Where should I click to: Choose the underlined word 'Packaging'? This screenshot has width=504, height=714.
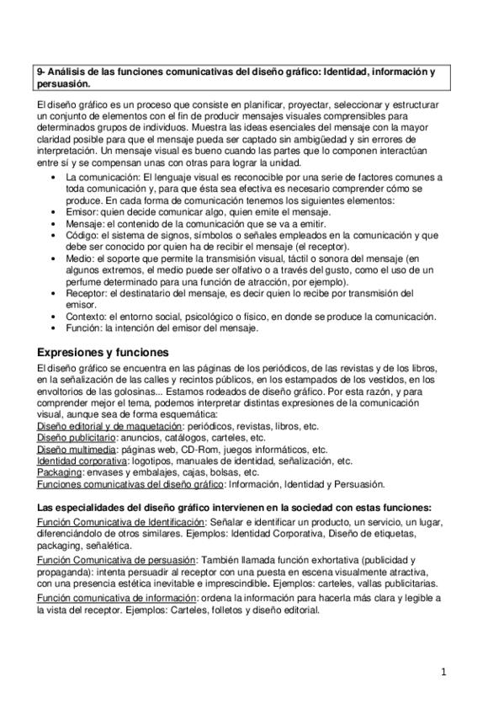tap(59, 472)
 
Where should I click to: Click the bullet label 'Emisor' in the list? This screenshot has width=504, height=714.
tap(81, 214)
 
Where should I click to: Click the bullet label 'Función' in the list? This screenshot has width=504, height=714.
tap(83, 328)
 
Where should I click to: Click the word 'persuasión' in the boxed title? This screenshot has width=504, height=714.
tap(68, 84)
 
